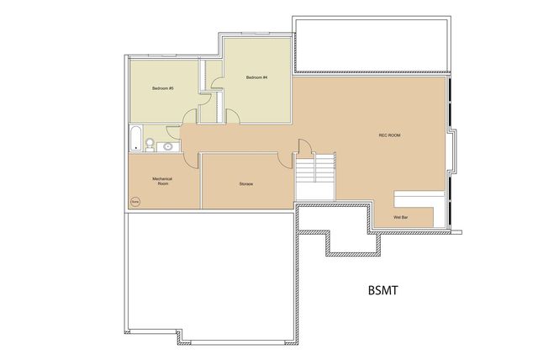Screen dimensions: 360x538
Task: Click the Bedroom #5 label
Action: coord(162,88)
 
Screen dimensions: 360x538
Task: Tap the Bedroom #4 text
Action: coord(256,78)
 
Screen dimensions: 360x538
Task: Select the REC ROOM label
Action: coord(388,135)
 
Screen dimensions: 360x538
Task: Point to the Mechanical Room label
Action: coord(162,181)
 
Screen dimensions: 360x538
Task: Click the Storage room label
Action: coord(246,183)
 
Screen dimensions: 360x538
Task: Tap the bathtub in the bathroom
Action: coord(136,139)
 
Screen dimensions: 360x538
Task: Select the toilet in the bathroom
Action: coord(150,145)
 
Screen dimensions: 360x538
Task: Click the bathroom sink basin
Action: coord(167,146)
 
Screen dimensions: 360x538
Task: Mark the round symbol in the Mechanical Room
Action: coord(135,201)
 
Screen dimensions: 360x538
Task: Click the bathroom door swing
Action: coord(172,131)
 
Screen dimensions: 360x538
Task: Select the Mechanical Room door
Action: coord(192,160)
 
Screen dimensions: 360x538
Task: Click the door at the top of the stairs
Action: coord(303,149)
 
